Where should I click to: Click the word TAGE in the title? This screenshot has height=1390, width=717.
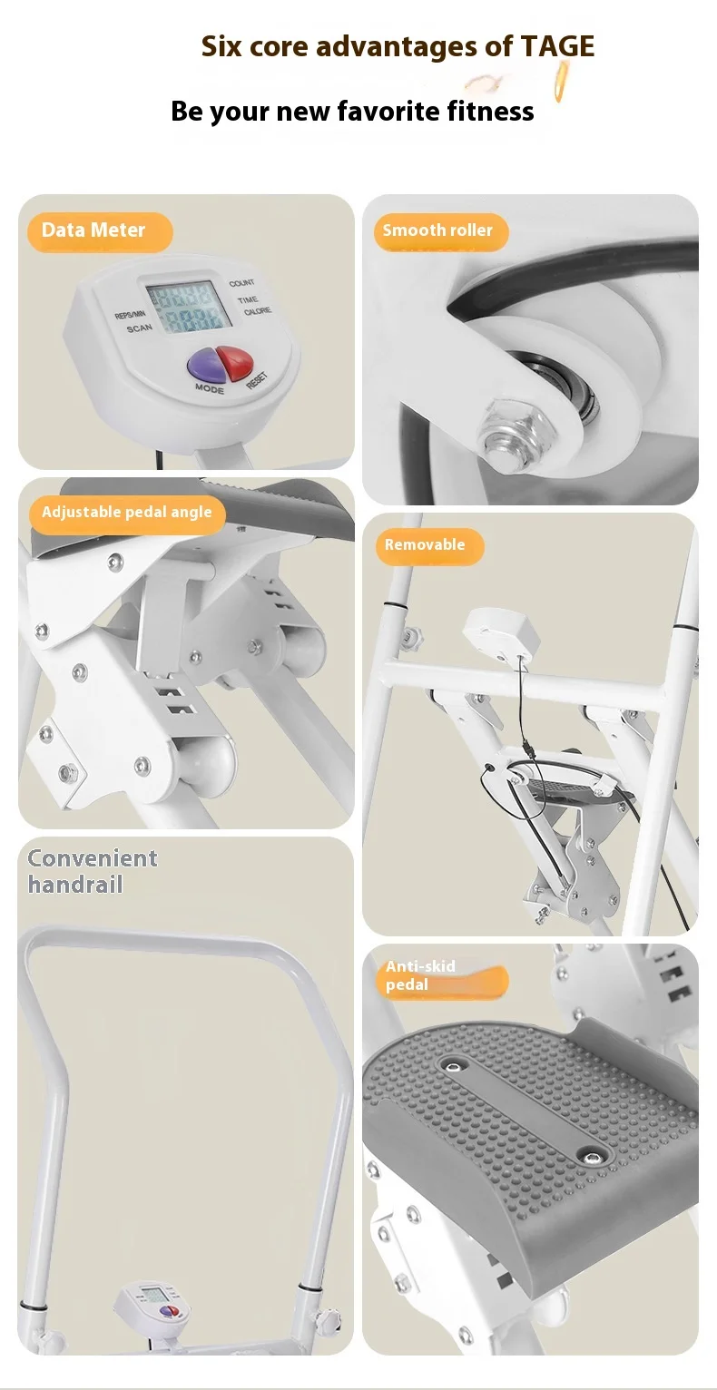point(557,46)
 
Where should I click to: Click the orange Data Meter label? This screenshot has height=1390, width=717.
point(100,231)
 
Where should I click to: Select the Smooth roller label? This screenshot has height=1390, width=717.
point(441,231)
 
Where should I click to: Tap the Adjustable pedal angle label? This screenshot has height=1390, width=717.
point(127,514)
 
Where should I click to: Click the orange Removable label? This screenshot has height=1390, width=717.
point(429,545)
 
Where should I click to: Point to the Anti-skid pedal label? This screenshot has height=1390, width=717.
point(441,976)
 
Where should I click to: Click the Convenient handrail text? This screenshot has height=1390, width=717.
point(92,871)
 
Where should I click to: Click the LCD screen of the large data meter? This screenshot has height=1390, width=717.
point(188,307)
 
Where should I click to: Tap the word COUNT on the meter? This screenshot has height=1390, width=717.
point(241,283)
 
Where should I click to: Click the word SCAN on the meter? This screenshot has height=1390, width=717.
point(139,328)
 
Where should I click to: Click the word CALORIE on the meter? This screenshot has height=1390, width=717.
point(258,311)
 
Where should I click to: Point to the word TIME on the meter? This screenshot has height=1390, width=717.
point(247,300)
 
